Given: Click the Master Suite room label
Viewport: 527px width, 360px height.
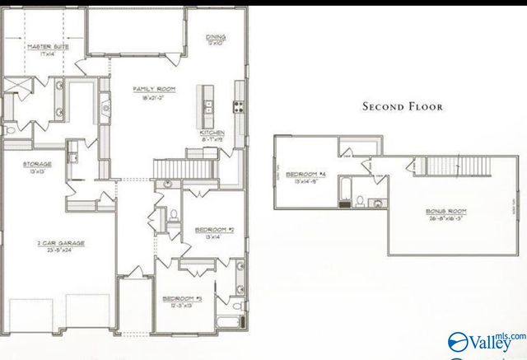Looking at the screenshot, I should tap(48, 47).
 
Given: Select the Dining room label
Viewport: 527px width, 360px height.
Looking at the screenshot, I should tap(217, 38).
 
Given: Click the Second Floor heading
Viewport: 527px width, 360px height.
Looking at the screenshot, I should tap(403, 106).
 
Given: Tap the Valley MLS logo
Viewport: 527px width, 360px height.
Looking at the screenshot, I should tap(485, 341).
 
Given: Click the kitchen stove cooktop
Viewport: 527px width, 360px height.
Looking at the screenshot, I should tap(238, 105).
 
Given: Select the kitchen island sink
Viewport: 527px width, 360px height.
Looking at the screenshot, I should tap(208, 105).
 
